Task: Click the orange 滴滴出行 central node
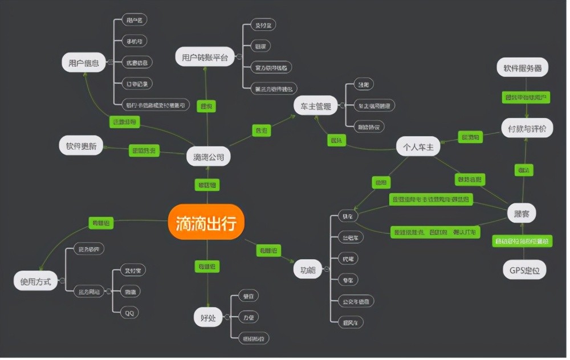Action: (206, 222)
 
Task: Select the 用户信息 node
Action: (84, 63)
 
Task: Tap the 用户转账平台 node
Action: (205, 57)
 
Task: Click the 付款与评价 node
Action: (527, 129)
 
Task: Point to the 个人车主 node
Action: (418, 147)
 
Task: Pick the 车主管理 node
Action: (316, 105)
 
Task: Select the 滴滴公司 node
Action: (209, 157)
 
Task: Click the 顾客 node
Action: (522, 213)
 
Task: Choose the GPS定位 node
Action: (524, 269)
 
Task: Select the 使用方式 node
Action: (36, 281)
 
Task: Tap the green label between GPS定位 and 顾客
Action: (522, 242)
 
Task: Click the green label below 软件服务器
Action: (527, 97)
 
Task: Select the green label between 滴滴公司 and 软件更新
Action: (144, 151)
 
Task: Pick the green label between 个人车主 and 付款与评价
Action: (471, 137)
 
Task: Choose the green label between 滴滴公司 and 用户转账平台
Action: (206, 106)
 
